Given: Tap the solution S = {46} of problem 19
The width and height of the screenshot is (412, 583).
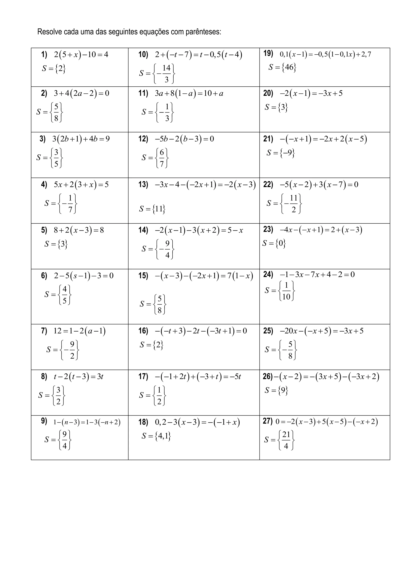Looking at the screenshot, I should point(282,67).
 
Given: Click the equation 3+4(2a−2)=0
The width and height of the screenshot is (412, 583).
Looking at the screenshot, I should point(81,93).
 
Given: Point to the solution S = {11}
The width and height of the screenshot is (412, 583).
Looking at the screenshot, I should point(152,209).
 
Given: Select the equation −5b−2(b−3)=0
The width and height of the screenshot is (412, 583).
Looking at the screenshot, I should point(184,139).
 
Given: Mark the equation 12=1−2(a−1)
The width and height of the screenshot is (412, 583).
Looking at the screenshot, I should point(80,331).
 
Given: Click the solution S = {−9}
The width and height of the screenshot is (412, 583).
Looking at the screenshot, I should point(281,153).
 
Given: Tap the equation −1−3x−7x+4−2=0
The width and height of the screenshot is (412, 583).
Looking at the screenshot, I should point(317,274).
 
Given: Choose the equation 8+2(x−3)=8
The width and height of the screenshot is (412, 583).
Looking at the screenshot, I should point(79,230).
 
